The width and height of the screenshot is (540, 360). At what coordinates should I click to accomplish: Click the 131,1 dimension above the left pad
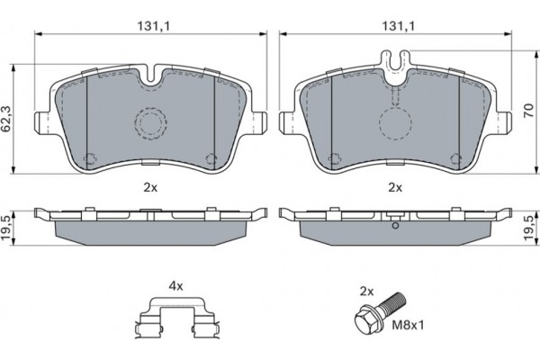pyautogui.click(x=154, y=26)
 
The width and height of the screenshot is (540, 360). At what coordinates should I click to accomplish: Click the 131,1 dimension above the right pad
pyautogui.click(x=398, y=26)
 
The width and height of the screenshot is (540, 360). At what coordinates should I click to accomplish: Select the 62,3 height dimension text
pyautogui.click(x=6, y=119)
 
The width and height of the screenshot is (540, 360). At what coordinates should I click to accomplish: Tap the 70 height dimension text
pyautogui.click(x=528, y=110)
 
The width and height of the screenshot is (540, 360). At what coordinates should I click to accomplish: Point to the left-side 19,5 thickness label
pyautogui.click(x=6, y=228)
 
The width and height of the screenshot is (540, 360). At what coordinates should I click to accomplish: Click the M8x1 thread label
pyautogui.click(x=408, y=325)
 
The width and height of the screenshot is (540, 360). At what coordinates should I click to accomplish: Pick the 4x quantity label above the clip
pyautogui.click(x=175, y=286)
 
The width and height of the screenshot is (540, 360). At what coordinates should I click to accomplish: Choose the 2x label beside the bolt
pyautogui.click(x=366, y=292)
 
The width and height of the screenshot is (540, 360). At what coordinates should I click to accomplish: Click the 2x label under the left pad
pyautogui.click(x=150, y=188)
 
